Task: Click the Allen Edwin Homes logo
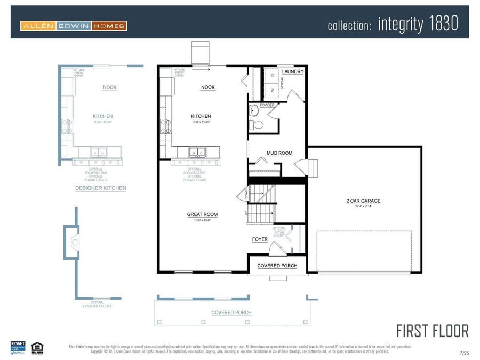pyautogui.click(x=74, y=26)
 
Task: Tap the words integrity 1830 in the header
pyautogui.click(x=418, y=25)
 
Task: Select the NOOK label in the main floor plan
pyautogui.click(x=208, y=87)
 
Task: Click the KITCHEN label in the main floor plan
pyautogui.click(x=201, y=116)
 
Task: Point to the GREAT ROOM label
pyautogui.click(x=202, y=214)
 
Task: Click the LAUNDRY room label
pyautogui.click(x=293, y=71)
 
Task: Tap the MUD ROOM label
pyautogui.click(x=279, y=153)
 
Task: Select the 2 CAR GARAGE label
pyautogui.click(x=363, y=201)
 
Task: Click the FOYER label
pyautogui.click(x=260, y=239)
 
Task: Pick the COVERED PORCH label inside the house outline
pyautogui.click(x=277, y=266)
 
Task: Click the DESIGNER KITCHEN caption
pyautogui.click(x=101, y=188)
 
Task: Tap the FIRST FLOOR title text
pyautogui.click(x=433, y=331)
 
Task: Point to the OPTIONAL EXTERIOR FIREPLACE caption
pyautogui.click(x=98, y=304)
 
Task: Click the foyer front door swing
pyautogui.click(x=277, y=249)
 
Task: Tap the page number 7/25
pyautogui.click(x=464, y=353)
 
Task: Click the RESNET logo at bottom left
pyautogui.click(x=18, y=347)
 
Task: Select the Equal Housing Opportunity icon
pyautogui.click(x=37, y=347)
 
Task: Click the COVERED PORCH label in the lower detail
pyautogui.click(x=231, y=313)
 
